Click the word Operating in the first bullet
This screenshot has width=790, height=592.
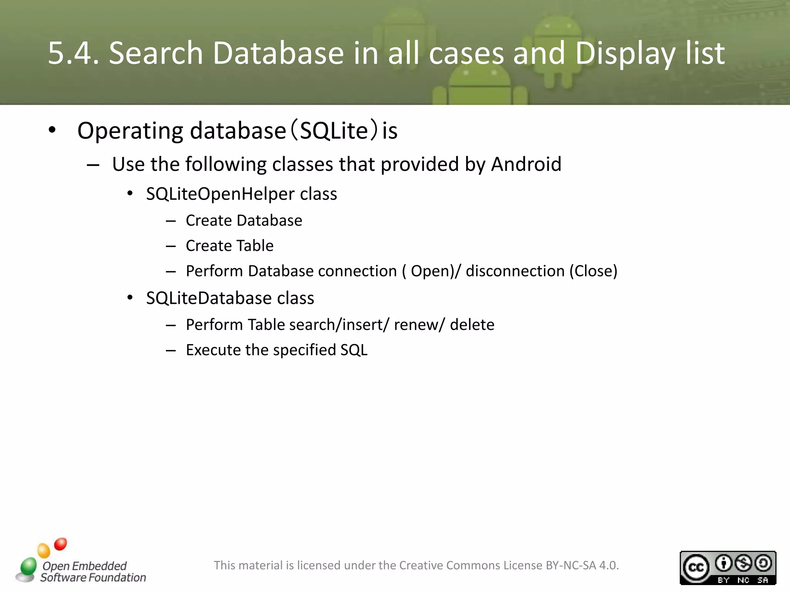click(130, 131)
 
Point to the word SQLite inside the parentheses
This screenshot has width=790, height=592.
click(334, 131)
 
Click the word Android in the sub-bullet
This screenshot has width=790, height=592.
click(526, 164)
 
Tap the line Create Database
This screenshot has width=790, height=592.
click(244, 220)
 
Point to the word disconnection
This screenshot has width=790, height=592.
click(515, 271)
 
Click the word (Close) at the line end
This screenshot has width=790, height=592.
click(594, 271)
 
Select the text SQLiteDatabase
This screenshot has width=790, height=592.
click(209, 298)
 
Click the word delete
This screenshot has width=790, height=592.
click(472, 325)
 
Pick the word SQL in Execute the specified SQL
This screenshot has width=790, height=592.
click(354, 350)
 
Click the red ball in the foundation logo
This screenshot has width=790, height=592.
click(61, 544)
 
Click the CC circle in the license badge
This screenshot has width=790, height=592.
click(696, 567)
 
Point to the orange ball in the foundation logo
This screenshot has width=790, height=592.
click(44, 550)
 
